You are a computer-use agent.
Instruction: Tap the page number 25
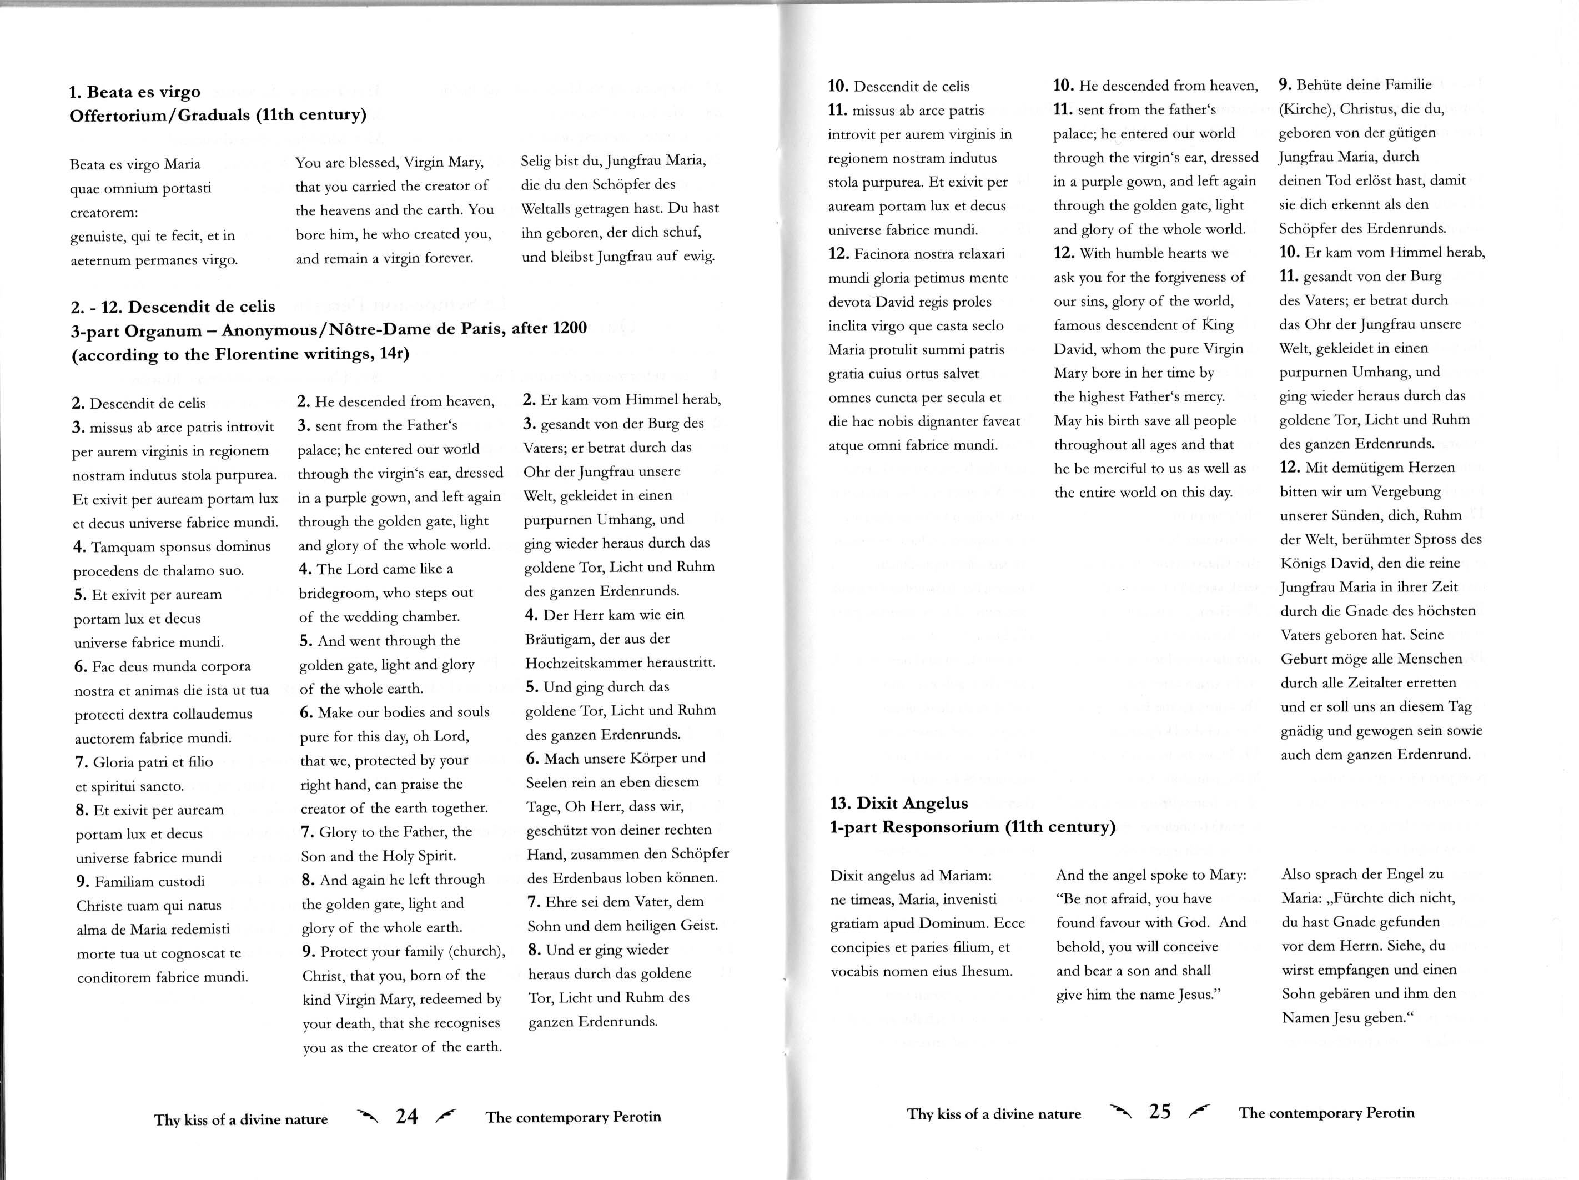click(1160, 1112)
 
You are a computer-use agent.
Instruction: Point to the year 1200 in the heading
click(570, 328)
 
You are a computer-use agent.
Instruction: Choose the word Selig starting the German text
click(537, 160)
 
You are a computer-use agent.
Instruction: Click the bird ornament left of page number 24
click(368, 1116)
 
